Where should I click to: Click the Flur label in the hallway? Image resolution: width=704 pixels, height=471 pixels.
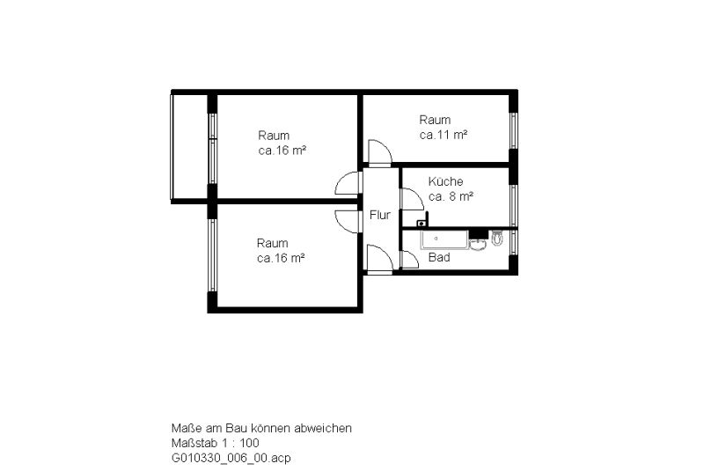[380, 215]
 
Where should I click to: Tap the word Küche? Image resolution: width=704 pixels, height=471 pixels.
[445, 181]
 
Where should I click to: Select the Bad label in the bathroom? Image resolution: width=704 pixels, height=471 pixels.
[439, 257]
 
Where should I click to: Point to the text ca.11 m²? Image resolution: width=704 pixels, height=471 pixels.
[444, 135]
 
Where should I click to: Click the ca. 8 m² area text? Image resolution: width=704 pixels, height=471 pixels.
[451, 196]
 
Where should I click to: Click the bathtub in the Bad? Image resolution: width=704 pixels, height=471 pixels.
[444, 239]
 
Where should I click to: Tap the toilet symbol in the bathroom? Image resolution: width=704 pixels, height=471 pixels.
[496, 238]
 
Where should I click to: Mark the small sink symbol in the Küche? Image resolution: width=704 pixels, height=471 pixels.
[422, 223]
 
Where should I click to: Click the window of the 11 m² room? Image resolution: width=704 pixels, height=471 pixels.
[513, 130]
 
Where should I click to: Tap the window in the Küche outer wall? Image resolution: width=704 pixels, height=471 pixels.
[513, 205]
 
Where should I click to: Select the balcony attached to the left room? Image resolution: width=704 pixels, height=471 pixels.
[189, 147]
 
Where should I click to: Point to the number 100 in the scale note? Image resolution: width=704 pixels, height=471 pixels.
[249, 443]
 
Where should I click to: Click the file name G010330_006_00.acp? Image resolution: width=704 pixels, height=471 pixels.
[231, 458]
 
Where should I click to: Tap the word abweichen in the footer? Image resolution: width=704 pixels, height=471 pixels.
[323, 429]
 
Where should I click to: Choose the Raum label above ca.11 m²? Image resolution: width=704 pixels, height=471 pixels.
[435, 120]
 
